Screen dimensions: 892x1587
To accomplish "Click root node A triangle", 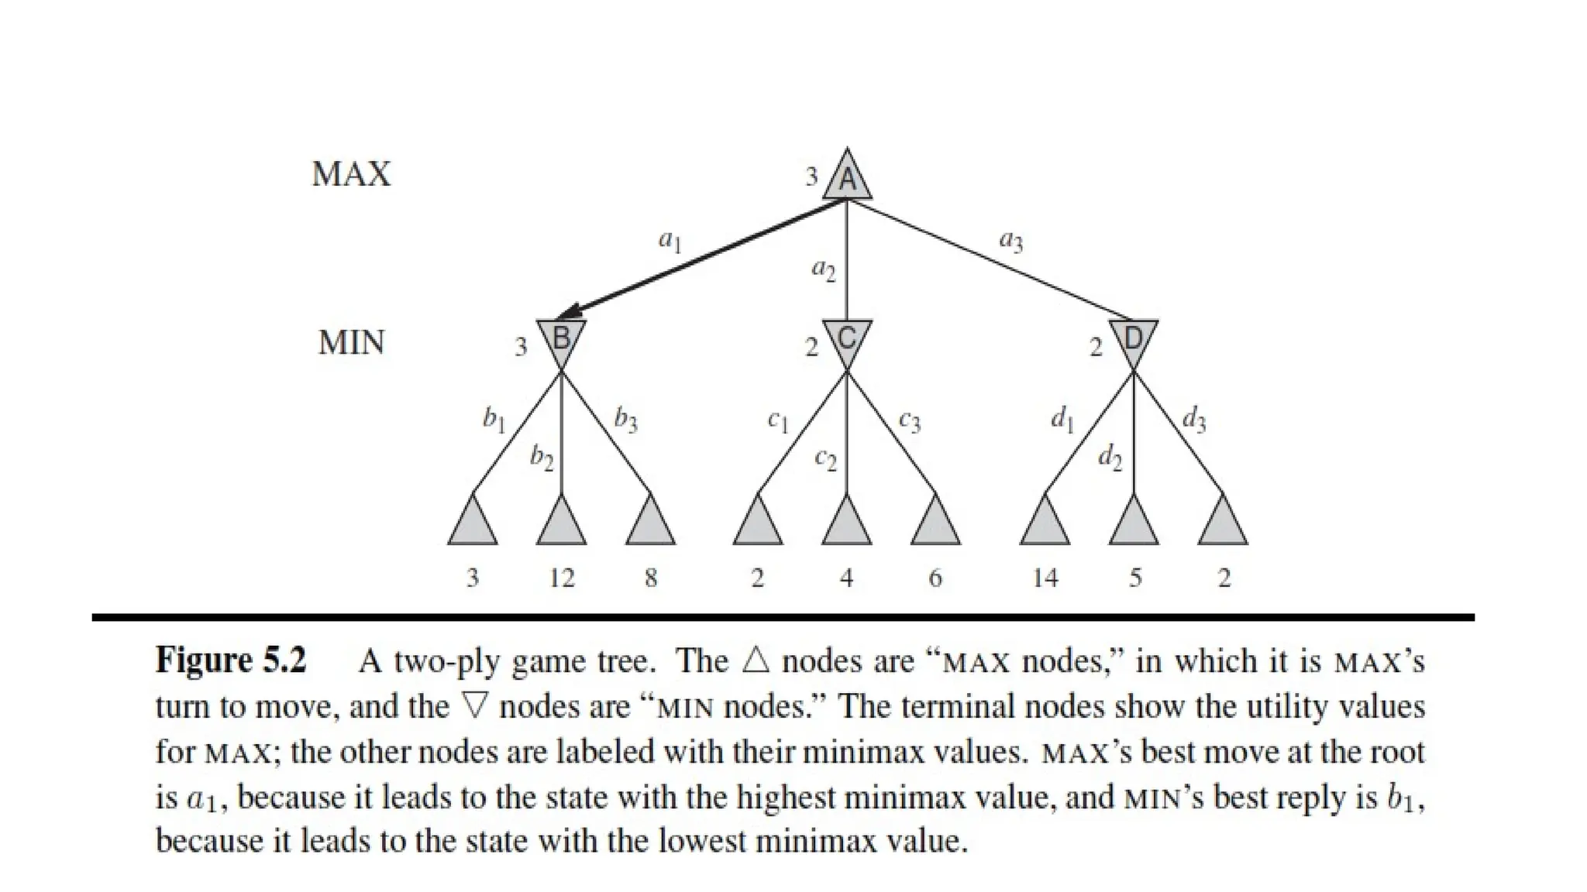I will coord(847,179).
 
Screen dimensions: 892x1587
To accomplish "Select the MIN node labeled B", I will coord(561,339).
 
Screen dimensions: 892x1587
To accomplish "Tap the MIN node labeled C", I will coord(847,339).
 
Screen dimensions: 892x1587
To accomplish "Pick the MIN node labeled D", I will coord(1133,339).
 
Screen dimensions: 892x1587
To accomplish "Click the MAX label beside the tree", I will coord(351,174).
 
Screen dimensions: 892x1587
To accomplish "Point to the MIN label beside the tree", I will coord(351,342).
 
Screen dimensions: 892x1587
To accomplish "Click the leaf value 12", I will coord(562,578).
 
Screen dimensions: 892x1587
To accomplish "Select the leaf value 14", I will coord(1045,578).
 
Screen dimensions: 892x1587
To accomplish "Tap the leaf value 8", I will coord(651,578).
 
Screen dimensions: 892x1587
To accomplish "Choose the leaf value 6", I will coord(935,578).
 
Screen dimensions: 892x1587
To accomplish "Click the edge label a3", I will coord(1011,242).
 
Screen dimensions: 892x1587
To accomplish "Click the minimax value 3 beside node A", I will coord(811,177).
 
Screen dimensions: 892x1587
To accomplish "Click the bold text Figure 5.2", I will coord(231,660).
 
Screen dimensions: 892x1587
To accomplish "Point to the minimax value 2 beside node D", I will coord(1096,348).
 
